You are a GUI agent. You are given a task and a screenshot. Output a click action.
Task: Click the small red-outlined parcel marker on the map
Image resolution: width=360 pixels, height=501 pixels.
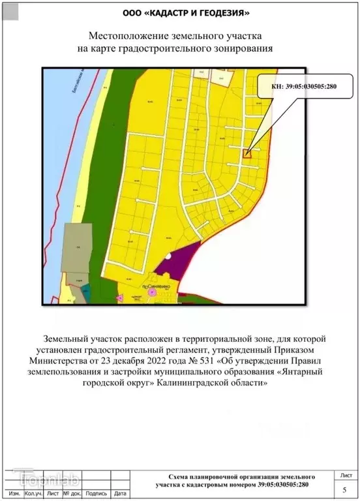coord(247,153)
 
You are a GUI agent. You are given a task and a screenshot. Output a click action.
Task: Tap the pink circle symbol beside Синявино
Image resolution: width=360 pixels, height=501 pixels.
coord(152,294)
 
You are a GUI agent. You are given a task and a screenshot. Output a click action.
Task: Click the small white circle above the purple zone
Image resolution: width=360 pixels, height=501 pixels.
coord(169,256)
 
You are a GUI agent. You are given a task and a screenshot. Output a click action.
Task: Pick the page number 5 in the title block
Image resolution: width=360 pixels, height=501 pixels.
coord(344,489)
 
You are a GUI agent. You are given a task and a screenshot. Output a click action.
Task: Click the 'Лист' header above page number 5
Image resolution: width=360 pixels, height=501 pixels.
coord(344,475)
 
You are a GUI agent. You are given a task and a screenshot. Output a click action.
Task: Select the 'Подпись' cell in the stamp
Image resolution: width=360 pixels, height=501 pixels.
coord(96,494)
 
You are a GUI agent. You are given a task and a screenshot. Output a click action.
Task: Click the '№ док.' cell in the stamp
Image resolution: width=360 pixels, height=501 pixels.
coord(72,494)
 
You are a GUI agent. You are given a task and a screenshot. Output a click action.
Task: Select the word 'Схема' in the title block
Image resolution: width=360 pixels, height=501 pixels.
coord(181,478)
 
